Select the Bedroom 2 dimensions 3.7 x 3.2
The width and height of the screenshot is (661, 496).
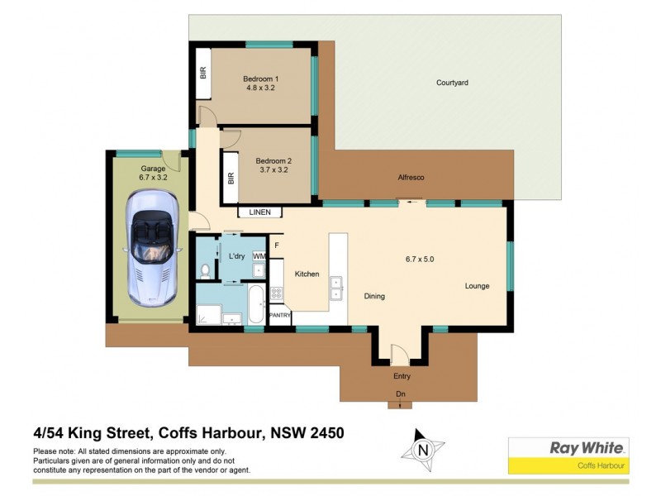[273, 170]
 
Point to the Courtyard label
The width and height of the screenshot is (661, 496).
[452, 83]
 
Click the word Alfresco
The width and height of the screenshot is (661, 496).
[411, 177]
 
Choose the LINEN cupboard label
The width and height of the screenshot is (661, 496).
[259, 212]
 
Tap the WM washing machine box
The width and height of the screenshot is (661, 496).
[259, 257]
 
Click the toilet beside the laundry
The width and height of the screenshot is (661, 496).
[206, 269]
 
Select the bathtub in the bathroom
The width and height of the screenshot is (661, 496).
[255, 305]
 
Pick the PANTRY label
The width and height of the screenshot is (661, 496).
[280, 315]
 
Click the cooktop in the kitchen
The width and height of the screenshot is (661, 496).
[277, 292]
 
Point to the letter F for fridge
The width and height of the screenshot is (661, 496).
[277, 246]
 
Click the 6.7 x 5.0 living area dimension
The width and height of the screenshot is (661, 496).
[419, 259]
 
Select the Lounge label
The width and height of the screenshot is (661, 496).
[477, 286]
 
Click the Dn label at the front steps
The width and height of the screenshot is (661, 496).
[401, 393]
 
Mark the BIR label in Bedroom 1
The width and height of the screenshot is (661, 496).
[202, 73]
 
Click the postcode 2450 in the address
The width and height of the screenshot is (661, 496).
[325, 432]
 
